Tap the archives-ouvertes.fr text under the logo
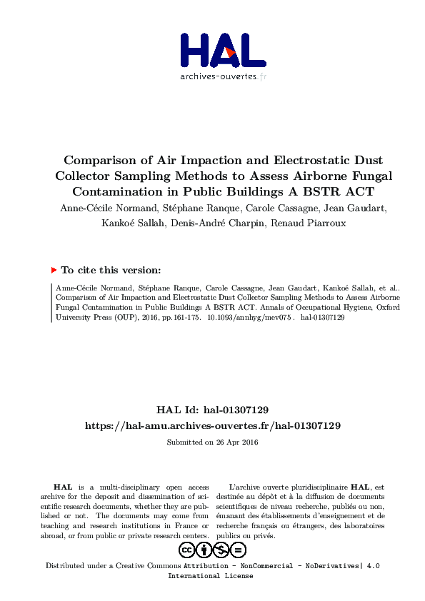[223, 76]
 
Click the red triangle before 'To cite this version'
[54, 270]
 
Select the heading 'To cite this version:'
[111, 270]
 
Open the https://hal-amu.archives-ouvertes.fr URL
[212, 425]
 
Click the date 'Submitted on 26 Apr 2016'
[212, 443]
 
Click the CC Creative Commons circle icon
[187, 550]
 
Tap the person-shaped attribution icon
[204, 550]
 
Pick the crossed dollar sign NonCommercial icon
[221, 550]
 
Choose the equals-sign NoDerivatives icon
[239, 550]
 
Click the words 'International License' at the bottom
[210, 576]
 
